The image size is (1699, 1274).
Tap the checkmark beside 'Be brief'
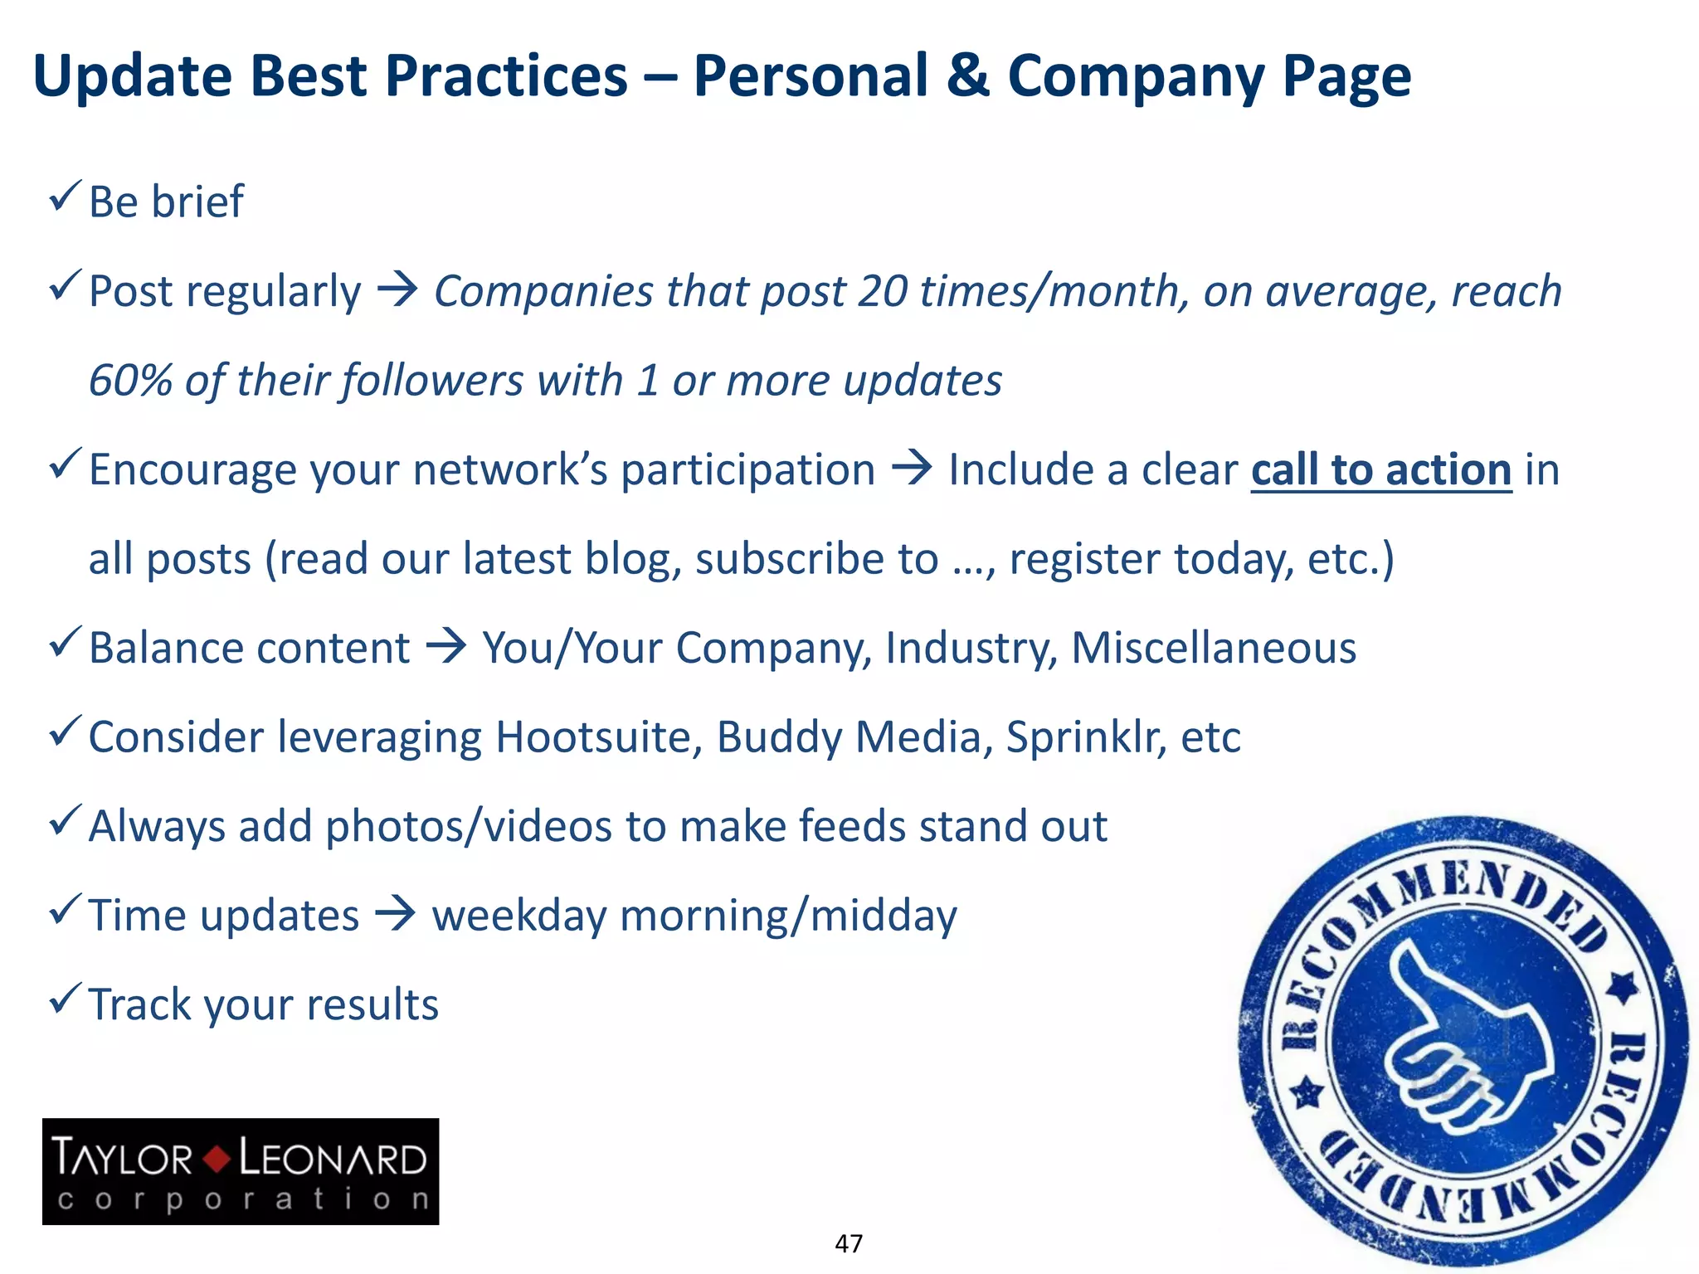[65, 197]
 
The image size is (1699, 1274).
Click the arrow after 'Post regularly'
[397, 290]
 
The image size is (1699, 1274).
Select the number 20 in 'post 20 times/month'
[883, 291]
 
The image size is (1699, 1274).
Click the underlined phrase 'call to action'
[1380, 470]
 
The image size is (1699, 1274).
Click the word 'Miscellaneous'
[1213, 648]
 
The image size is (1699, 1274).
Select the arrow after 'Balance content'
[446, 647]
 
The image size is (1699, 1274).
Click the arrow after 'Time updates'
[396, 915]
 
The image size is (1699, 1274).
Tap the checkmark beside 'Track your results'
[65, 999]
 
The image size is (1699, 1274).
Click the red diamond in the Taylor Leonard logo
[217, 1159]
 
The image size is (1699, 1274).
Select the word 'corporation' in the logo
[242, 1199]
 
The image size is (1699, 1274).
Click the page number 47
[849, 1243]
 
